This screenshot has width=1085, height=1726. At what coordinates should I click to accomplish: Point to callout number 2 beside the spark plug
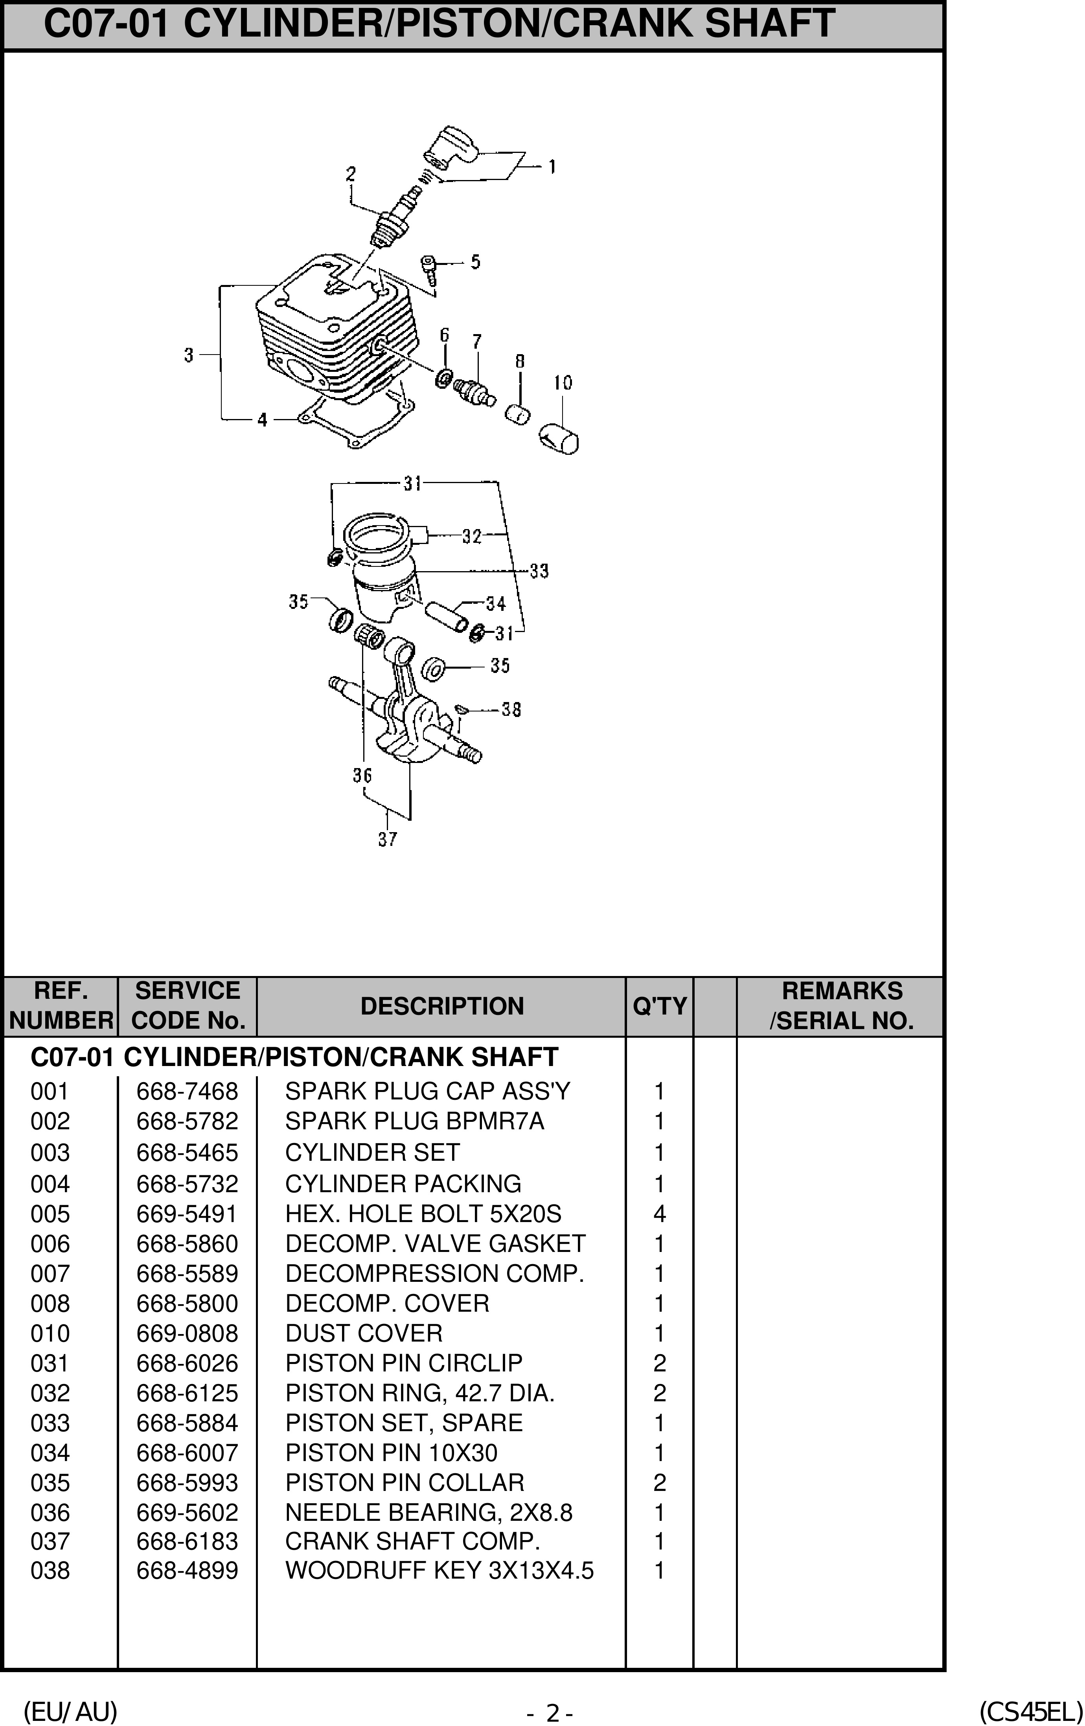point(350,173)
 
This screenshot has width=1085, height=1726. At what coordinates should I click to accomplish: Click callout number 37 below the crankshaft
point(387,839)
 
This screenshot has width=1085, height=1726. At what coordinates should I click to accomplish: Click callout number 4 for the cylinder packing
point(262,419)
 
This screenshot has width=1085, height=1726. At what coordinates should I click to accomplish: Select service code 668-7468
point(187,1091)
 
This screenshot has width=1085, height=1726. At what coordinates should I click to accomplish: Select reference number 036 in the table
point(50,1512)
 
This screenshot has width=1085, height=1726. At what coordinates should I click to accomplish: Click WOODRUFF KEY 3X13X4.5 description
point(439,1570)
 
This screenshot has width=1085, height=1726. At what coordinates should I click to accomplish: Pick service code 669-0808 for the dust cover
point(187,1333)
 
